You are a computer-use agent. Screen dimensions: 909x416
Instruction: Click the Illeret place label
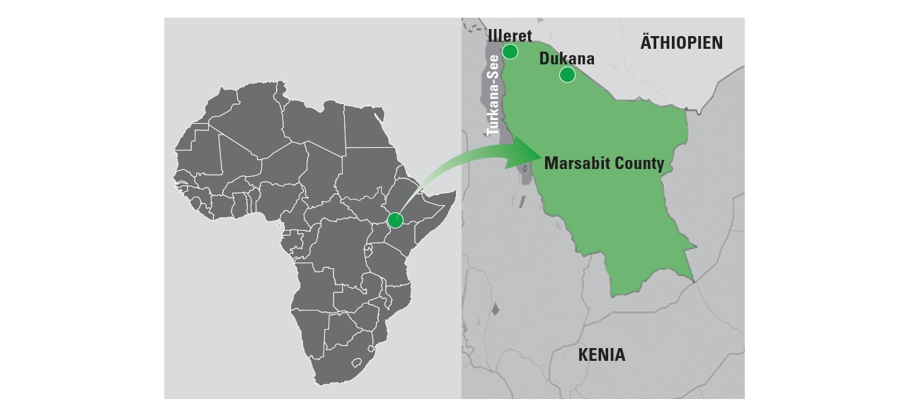(x=510, y=35)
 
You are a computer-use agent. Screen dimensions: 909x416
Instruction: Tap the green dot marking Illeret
(x=510, y=51)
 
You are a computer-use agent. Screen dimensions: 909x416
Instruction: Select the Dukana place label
(x=566, y=59)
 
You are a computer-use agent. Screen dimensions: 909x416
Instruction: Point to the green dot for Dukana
(x=567, y=74)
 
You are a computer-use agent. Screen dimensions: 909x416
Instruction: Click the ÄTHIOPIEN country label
(x=681, y=43)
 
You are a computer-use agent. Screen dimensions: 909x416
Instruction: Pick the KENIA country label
(x=601, y=355)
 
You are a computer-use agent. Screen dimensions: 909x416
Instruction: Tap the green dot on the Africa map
(x=395, y=220)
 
